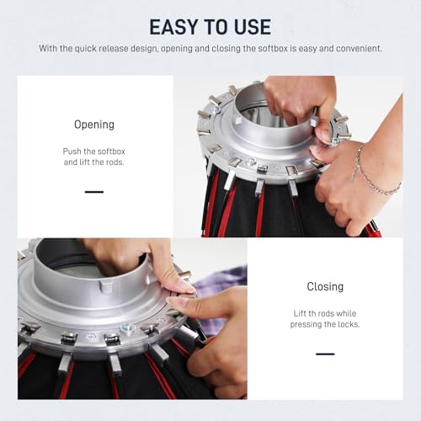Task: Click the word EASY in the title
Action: tap(174, 27)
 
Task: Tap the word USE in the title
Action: tap(253, 27)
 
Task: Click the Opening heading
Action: tap(94, 125)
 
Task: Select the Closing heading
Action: tap(325, 286)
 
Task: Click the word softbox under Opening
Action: tap(111, 152)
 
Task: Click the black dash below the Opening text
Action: tap(94, 192)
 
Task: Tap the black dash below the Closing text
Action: tap(325, 354)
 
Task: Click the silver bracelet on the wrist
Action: tap(373, 174)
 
